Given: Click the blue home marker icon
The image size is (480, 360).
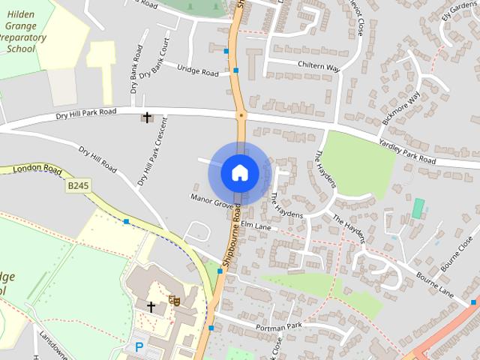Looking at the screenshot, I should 238,172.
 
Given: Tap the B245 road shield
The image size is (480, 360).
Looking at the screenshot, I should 76,184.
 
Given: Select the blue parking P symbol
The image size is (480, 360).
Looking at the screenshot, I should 139,347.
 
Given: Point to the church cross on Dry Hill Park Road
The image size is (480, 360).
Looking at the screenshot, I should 147,117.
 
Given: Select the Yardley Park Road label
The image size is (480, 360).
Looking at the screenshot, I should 406,151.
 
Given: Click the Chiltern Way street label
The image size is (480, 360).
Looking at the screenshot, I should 319,67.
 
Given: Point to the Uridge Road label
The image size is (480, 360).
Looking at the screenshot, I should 198,70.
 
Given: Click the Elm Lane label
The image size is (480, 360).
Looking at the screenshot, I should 256,226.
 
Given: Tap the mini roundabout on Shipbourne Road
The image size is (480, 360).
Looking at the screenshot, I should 241,115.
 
